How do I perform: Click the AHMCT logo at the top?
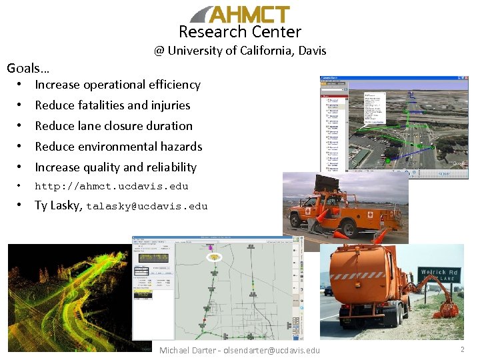(x=240, y=14)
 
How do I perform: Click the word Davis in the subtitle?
(x=311, y=51)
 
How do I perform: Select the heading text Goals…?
(x=28, y=67)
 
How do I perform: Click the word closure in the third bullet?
(x=137, y=126)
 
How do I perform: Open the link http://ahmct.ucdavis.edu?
(x=111, y=187)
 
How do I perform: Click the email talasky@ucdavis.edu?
(x=147, y=207)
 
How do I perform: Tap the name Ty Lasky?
(x=58, y=205)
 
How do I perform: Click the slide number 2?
(x=462, y=349)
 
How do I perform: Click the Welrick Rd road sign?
(x=438, y=273)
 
